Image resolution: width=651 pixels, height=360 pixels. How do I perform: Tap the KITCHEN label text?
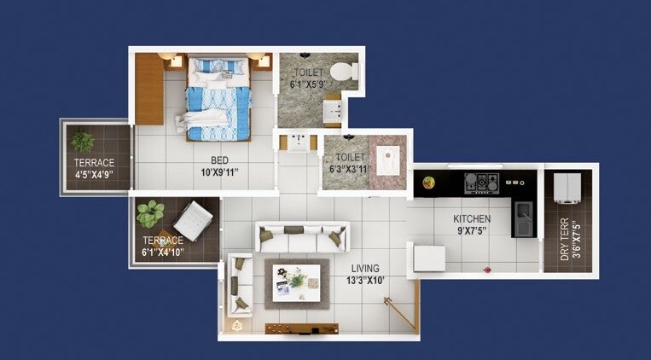(472, 219)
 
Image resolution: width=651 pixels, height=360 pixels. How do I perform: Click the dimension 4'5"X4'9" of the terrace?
(94, 174)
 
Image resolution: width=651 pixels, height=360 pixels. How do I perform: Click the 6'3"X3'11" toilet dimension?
(350, 169)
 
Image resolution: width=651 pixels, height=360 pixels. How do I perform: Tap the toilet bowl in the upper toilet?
(345, 70)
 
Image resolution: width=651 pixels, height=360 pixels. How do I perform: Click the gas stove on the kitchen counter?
(481, 182)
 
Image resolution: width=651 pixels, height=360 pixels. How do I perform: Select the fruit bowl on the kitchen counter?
(428, 182)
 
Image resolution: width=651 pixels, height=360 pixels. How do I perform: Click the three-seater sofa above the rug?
(302, 236)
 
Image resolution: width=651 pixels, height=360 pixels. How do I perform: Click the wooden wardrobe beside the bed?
(149, 88)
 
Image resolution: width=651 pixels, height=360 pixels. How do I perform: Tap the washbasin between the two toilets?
(299, 142)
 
